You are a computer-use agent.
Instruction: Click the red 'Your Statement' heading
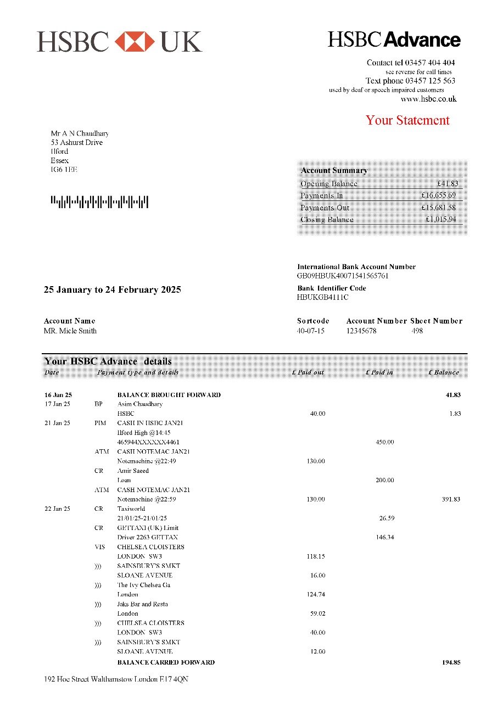[x=407, y=120]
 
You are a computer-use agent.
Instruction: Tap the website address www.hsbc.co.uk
[x=428, y=99]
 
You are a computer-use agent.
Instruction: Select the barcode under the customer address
[x=99, y=202]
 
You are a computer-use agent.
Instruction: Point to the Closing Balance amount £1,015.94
[x=440, y=220]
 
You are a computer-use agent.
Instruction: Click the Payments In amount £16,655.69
[x=438, y=196]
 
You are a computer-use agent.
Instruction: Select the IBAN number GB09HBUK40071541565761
[x=343, y=276]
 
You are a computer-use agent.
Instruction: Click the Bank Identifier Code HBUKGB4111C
[x=322, y=297]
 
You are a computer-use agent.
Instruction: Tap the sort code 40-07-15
[x=310, y=331]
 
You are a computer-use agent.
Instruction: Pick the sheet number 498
[x=417, y=331]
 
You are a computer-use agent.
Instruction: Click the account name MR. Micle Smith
[x=70, y=331]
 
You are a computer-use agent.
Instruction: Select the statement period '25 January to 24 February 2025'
[x=112, y=289]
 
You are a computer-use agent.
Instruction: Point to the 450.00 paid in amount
[x=384, y=442]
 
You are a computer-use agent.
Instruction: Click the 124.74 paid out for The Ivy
[x=315, y=594]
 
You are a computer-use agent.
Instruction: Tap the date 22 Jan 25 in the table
[x=57, y=509]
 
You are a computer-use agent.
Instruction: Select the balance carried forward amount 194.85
[x=451, y=662]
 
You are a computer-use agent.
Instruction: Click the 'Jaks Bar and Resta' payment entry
[x=142, y=604]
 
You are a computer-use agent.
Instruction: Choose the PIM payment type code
[x=100, y=423]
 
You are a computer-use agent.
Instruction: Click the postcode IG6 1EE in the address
[x=64, y=170]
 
